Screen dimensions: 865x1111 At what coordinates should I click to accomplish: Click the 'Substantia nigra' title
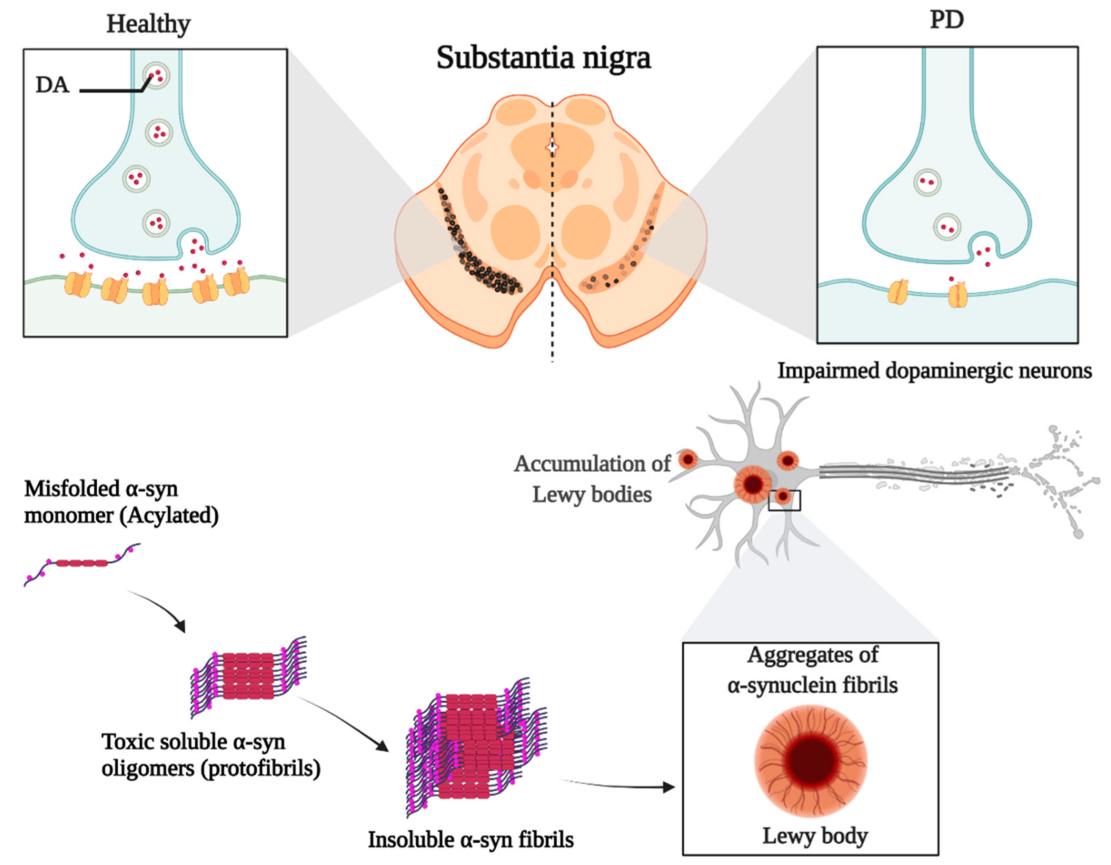coord(543,58)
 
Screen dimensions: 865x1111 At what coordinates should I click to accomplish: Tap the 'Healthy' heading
coord(148,24)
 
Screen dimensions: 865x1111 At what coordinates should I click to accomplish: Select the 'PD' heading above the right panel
coord(946,20)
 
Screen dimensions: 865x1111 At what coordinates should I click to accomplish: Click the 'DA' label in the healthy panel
coord(52,85)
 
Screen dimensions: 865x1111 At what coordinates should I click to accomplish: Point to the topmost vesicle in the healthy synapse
coord(155,75)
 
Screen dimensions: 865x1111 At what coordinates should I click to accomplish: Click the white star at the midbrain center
coord(552,148)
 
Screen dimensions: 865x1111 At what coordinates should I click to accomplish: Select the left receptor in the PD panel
coord(898,292)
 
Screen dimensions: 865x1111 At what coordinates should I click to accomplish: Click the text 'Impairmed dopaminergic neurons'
coord(934,371)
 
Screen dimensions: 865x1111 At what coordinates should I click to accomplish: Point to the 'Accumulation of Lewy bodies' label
coord(591,479)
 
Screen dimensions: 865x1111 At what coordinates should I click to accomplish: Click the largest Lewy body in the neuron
coord(753,484)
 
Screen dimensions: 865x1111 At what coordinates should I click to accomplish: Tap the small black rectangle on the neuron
coord(784,500)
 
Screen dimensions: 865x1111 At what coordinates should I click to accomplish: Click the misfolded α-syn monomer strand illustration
coord(82,563)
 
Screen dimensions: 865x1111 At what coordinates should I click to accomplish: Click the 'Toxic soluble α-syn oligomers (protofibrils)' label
coord(210,755)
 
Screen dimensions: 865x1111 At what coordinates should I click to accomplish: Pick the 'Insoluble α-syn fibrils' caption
coord(470,839)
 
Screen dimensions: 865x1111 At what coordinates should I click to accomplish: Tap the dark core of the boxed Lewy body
coord(810,759)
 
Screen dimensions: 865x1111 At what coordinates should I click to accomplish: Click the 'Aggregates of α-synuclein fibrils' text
coord(812,670)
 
